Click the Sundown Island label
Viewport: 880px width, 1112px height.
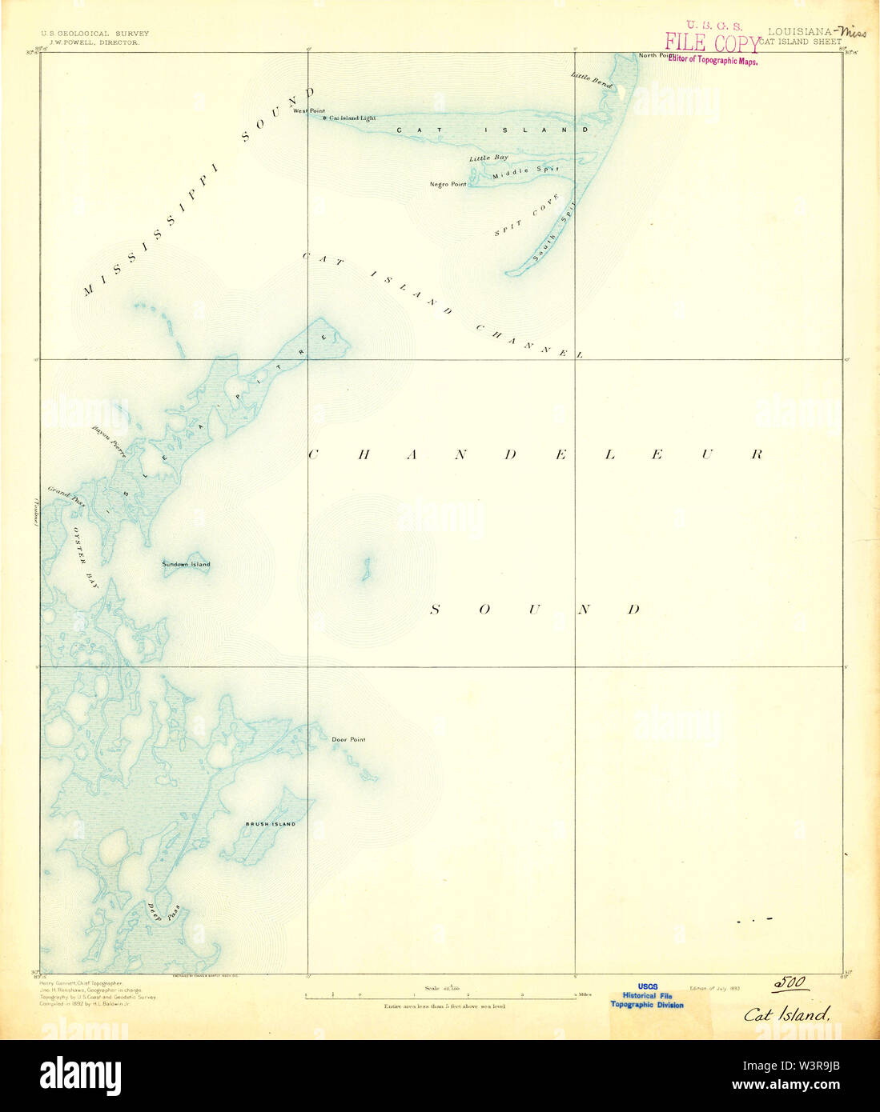coord(186,565)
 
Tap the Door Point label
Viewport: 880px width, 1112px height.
coord(348,739)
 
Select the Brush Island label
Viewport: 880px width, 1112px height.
coord(271,824)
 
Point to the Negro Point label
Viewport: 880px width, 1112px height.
coord(448,184)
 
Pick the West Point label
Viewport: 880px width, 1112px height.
coord(309,110)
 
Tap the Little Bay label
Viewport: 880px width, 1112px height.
coord(488,158)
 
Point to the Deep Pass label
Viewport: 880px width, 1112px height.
coord(163,912)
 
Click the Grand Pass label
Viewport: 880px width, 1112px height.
coord(66,497)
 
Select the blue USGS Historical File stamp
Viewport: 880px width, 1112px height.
coord(647,996)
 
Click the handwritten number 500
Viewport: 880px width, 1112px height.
coord(789,983)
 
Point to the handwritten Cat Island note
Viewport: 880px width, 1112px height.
coord(786,1014)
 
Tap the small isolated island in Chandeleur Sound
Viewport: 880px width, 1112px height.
coord(365,570)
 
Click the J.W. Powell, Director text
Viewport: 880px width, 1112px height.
coord(94,42)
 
